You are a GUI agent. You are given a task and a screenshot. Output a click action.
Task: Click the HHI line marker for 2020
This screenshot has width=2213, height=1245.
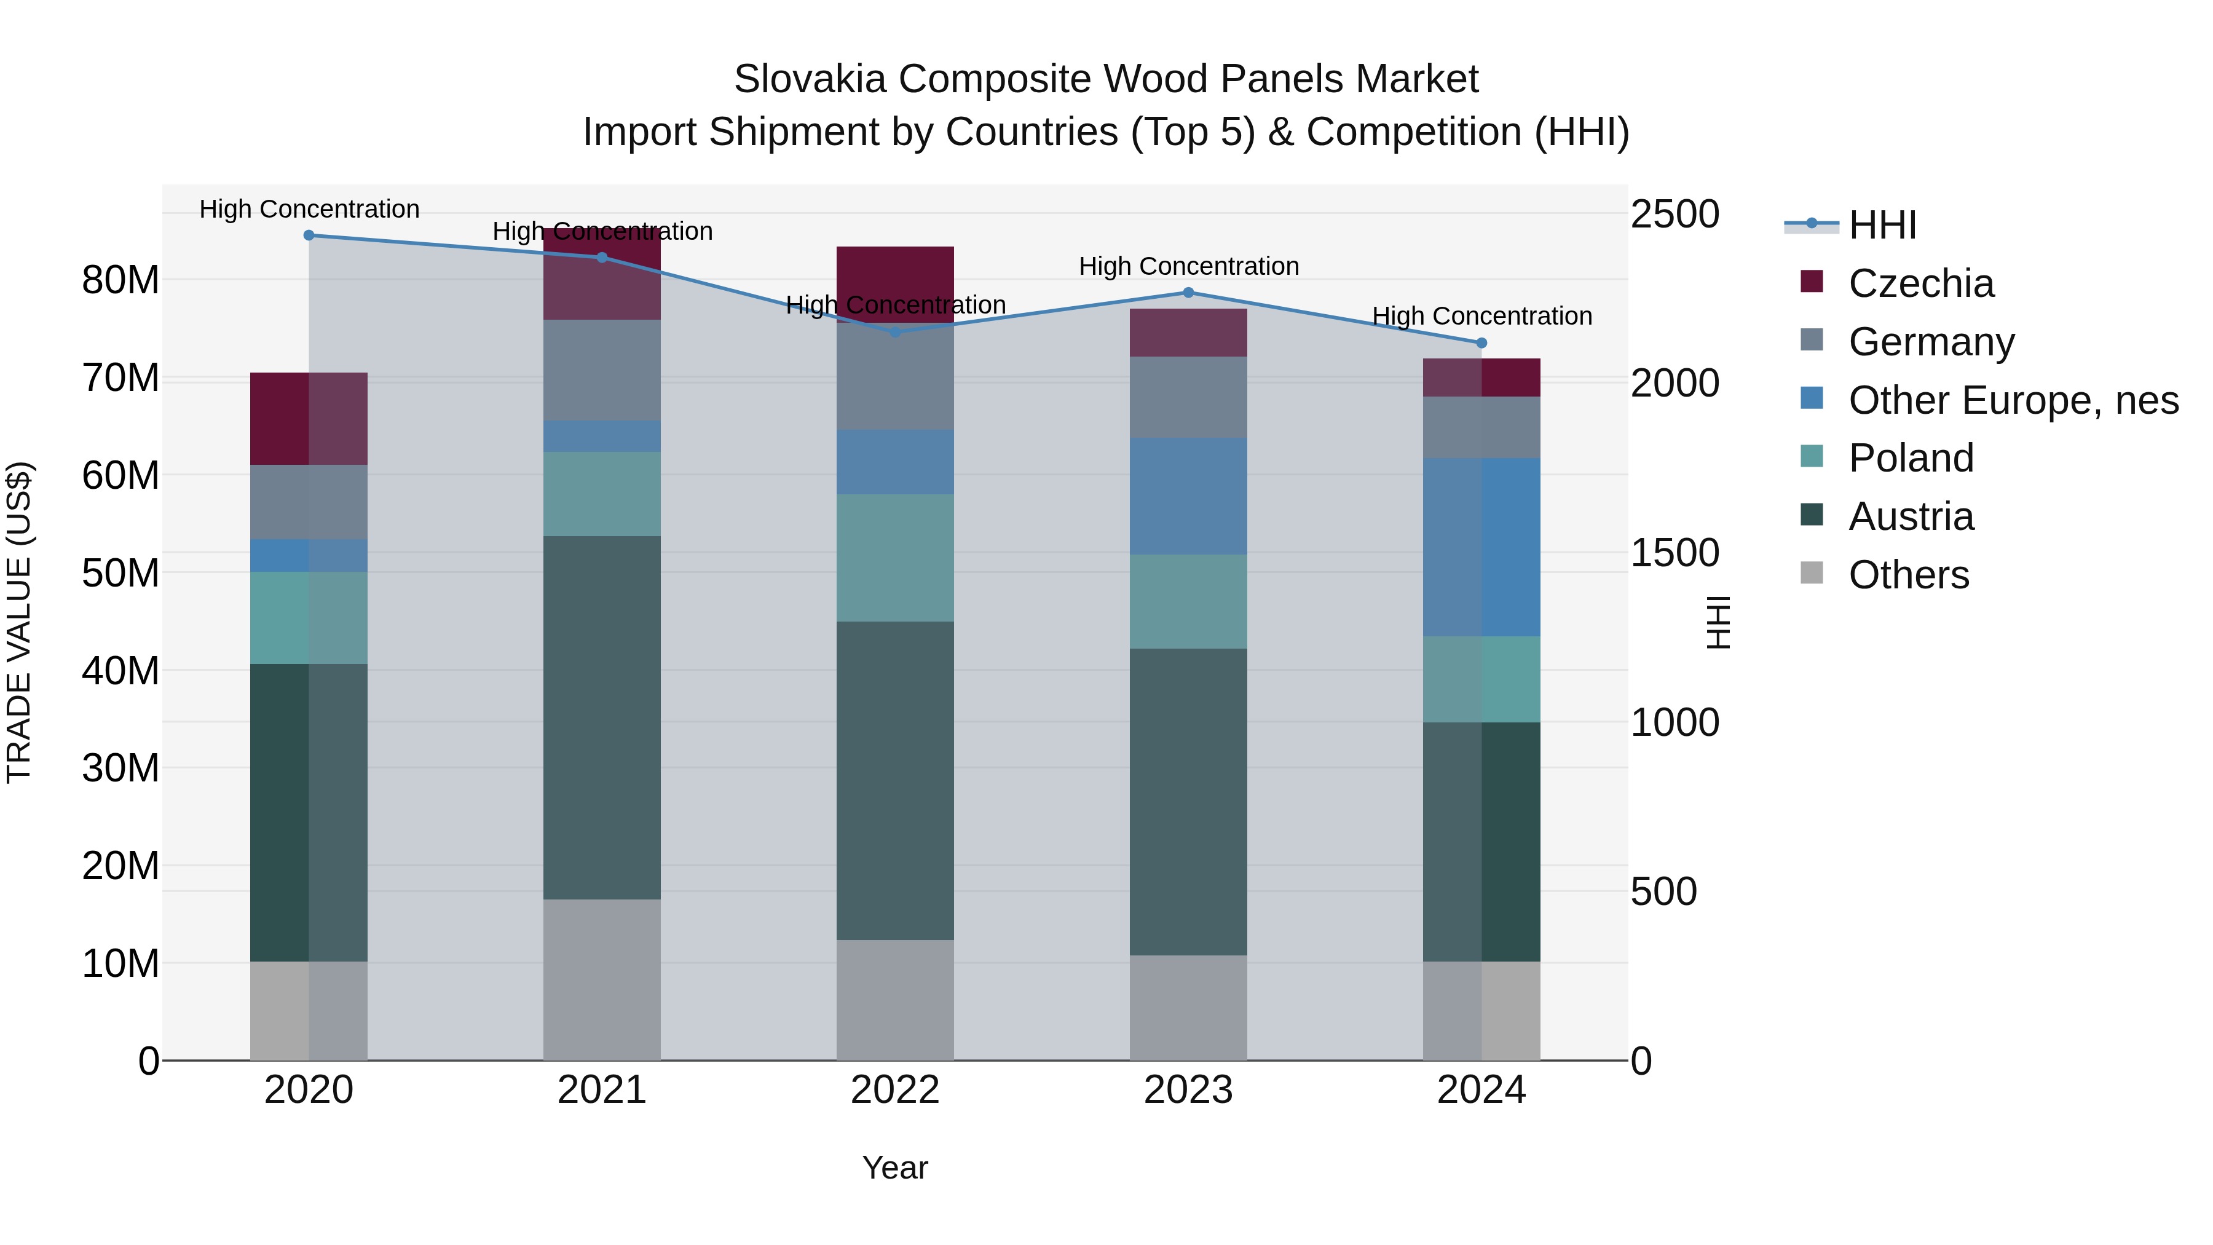tap(309, 235)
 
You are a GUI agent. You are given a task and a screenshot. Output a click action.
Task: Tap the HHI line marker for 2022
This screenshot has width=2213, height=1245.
tap(895, 331)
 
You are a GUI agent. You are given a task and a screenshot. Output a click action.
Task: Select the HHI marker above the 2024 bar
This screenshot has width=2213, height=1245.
tap(1481, 343)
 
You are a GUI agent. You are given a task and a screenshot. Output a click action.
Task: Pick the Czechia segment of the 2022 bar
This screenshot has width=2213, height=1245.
tap(895, 283)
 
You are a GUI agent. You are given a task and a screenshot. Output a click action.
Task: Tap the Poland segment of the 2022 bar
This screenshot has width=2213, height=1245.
tap(895, 558)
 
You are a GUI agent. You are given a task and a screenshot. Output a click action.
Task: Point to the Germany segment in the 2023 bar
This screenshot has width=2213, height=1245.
tap(1188, 397)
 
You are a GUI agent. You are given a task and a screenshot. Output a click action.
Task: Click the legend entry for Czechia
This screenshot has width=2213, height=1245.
tap(1921, 283)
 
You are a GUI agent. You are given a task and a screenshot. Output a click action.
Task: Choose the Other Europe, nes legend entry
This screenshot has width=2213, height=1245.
tap(2013, 400)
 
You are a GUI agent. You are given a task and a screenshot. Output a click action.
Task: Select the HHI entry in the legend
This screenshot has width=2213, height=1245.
tap(1882, 225)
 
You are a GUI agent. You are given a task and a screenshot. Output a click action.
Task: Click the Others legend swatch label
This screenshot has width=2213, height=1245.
tap(1908, 575)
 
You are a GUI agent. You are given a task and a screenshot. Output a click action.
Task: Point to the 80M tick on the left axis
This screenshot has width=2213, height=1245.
tap(120, 280)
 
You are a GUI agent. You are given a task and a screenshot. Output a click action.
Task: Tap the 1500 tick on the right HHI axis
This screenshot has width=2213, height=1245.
tap(1675, 553)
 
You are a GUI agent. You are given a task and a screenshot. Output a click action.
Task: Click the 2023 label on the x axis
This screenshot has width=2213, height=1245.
tap(1188, 1090)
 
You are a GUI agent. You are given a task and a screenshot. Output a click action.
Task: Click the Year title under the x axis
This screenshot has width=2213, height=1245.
tap(895, 1168)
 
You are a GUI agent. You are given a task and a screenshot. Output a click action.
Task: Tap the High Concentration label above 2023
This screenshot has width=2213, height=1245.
tap(1188, 266)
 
